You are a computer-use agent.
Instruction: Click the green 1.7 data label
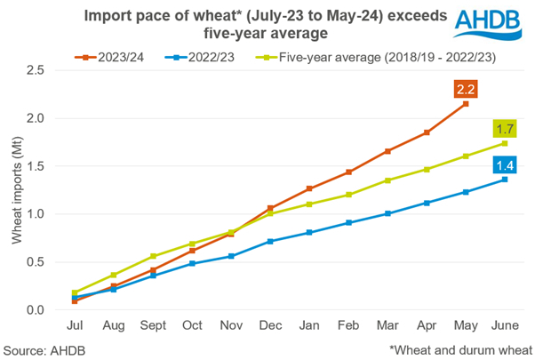[x=505, y=129]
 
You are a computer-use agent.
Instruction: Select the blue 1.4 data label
[x=505, y=165]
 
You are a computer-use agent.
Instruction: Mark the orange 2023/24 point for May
[x=465, y=104]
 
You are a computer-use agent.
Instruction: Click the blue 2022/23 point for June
[x=504, y=179]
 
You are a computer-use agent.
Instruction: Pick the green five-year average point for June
[x=504, y=143]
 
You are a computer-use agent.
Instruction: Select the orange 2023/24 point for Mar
[x=387, y=151]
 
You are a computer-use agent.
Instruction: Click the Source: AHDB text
[x=44, y=348]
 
